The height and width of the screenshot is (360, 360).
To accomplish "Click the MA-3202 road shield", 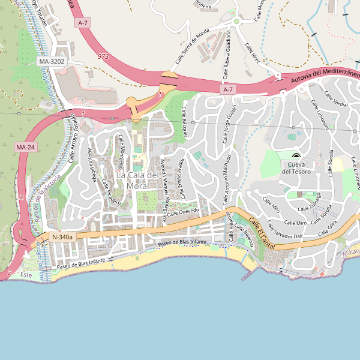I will [51, 61].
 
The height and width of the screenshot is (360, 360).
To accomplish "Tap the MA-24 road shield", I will [25, 147].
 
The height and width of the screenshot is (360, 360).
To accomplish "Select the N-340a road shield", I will [62, 237].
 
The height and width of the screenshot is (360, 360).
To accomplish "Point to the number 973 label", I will [103, 56].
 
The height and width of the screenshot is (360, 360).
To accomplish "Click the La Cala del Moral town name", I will [138, 180].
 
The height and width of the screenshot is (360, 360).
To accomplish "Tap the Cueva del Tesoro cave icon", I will [295, 155].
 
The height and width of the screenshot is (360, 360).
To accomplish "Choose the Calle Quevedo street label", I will [182, 212].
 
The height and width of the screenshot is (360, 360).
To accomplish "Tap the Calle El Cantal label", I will [262, 231].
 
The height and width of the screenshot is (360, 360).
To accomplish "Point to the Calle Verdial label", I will [335, 99].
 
